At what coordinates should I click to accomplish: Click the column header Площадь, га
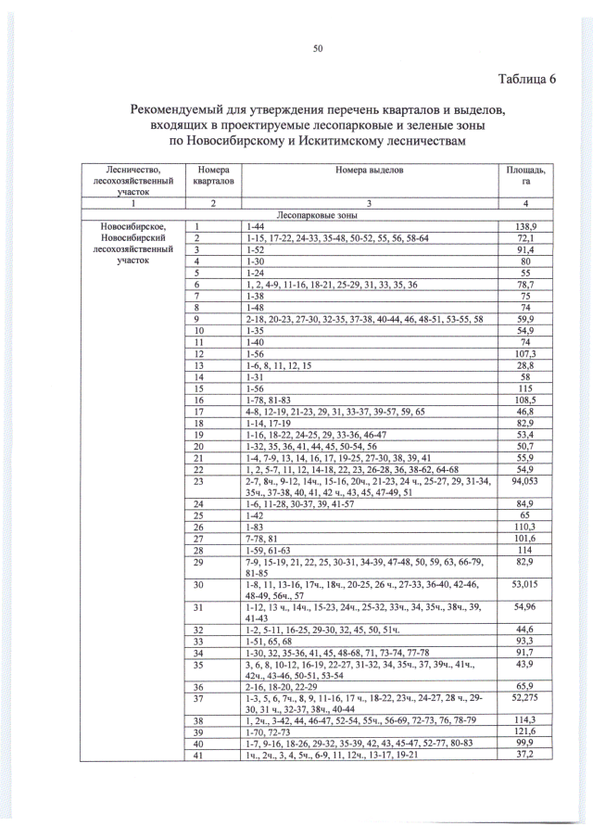point(525,176)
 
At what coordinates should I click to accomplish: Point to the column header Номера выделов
point(369,171)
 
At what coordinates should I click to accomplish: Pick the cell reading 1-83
point(254,526)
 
